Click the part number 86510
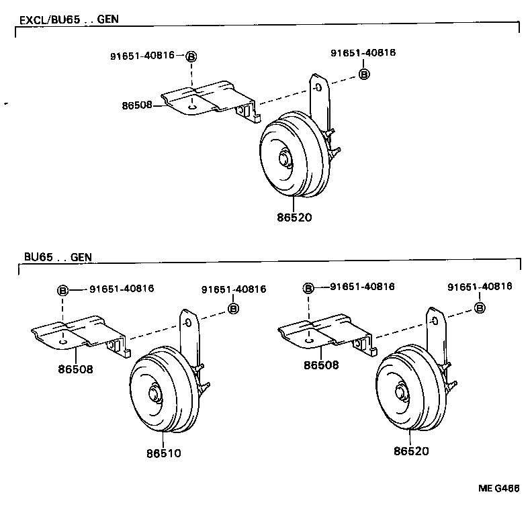pyautogui.click(x=163, y=454)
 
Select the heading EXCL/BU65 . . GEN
pyautogui.click(x=69, y=19)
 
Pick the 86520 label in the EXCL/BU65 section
pyautogui.click(x=294, y=218)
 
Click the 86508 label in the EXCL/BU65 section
pyautogui.click(x=137, y=105)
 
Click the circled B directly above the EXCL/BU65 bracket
pyautogui.click(x=191, y=57)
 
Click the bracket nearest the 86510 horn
pyautogui.click(x=79, y=334)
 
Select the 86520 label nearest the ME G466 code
pyautogui.click(x=411, y=452)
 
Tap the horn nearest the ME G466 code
pyautogui.click(x=410, y=391)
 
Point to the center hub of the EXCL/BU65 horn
pyautogui.click(x=285, y=159)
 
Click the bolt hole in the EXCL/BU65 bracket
pyautogui.click(x=193, y=105)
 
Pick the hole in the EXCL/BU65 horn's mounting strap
pyautogui.click(x=320, y=86)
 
